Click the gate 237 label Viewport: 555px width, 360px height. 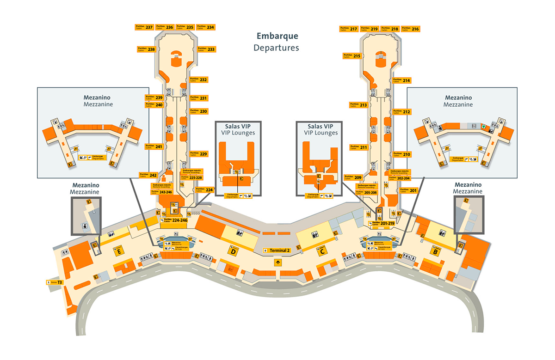144,27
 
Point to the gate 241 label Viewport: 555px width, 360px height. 154,146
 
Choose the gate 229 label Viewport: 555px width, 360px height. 199,154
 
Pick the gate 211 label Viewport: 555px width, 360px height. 358,147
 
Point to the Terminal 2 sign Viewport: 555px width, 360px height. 277,250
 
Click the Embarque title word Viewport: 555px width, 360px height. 277,37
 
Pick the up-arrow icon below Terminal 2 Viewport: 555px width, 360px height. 277,262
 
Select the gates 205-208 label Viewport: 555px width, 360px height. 365,191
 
